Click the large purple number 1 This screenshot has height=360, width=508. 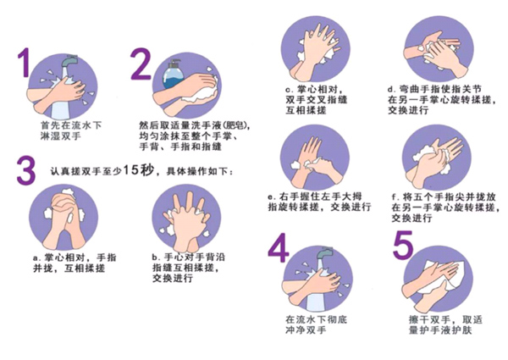(x=25, y=63)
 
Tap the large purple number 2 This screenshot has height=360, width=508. (x=141, y=64)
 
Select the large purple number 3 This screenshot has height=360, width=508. (x=26, y=171)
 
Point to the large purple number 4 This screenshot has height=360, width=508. (x=279, y=247)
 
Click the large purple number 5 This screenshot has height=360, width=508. (x=403, y=245)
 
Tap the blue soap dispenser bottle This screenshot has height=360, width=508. (x=173, y=75)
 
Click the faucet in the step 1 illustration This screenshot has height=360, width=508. (x=69, y=61)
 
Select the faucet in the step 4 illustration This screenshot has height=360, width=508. (x=324, y=253)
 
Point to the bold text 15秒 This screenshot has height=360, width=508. (x=140, y=170)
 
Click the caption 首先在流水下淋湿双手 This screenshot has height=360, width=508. (x=70, y=130)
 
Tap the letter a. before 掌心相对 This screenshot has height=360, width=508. (x=37, y=258)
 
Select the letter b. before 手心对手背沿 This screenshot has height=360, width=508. (x=157, y=258)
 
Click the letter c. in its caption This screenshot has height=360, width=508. (x=290, y=90)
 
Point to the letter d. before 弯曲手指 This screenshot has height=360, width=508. (x=392, y=89)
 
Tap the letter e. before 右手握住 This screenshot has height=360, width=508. (x=272, y=197)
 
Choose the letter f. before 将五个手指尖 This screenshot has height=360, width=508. (x=395, y=197)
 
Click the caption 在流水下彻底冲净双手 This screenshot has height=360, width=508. (x=316, y=324)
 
